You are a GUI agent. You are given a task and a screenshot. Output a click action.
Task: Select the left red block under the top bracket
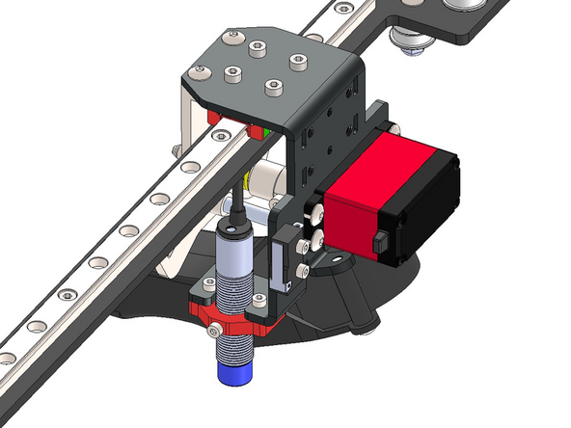pos(214,116)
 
